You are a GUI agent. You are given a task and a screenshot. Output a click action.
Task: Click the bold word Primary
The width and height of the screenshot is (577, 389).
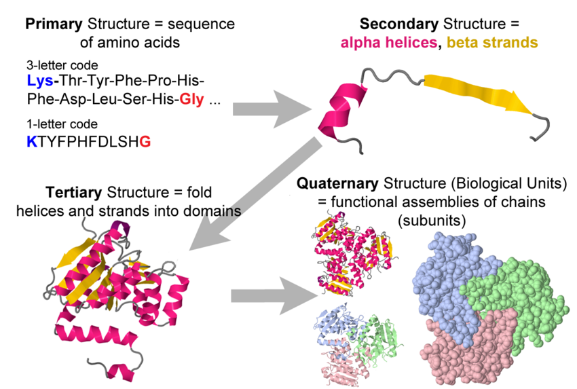click(54, 24)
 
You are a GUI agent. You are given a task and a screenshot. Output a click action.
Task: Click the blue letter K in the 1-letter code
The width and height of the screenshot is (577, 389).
click(30, 142)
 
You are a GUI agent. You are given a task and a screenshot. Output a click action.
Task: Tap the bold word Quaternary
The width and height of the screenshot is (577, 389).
click(337, 184)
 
